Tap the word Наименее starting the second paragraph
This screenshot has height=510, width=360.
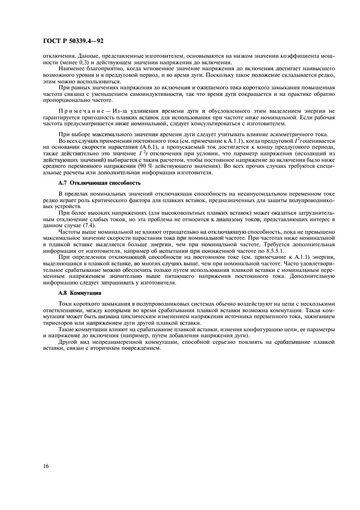click(x=74, y=69)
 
